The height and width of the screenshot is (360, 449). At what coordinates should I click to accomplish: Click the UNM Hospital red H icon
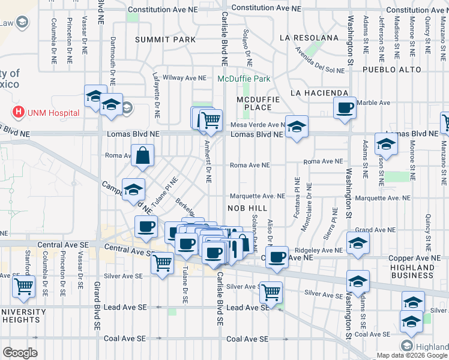(19, 112)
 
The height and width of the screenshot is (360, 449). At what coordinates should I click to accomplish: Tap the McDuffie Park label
(244, 79)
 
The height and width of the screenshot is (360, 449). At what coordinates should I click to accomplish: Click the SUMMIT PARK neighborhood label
(165, 40)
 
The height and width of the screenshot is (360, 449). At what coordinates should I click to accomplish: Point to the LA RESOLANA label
(309, 38)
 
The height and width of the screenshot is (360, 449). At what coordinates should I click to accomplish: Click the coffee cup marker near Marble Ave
(345, 109)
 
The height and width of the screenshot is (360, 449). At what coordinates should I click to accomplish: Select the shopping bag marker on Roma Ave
(143, 156)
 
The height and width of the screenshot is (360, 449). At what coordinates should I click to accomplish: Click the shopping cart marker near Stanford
(23, 287)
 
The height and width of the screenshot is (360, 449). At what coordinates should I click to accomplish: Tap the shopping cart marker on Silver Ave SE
(271, 292)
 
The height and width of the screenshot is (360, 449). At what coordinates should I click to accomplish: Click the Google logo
(19, 353)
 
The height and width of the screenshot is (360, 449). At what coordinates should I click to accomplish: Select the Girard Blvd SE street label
(97, 305)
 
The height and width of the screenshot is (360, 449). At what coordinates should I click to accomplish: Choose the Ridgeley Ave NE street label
(323, 250)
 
